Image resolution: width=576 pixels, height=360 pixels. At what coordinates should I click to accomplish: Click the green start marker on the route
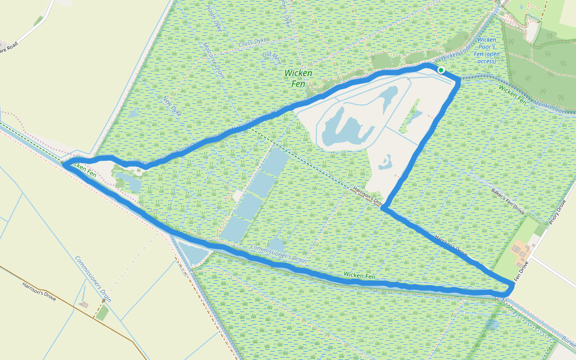pos(441,70)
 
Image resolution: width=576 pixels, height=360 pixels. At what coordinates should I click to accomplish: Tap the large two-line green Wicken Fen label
pos(298,78)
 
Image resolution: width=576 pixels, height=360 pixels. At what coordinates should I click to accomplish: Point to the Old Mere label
pos(272,58)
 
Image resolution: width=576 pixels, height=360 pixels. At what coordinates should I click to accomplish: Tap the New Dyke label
pos(173,105)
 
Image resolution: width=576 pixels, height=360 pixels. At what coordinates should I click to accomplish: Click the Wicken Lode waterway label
pos(455,50)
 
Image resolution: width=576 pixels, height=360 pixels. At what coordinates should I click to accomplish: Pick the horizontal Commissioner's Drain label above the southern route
pos(278,254)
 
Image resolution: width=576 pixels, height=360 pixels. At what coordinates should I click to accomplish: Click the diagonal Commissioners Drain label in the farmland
pos(94,278)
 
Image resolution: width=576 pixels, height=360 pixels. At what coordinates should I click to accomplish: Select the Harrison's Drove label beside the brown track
pos(39,291)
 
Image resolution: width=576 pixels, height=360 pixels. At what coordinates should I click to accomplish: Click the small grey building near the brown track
pos(83,305)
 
